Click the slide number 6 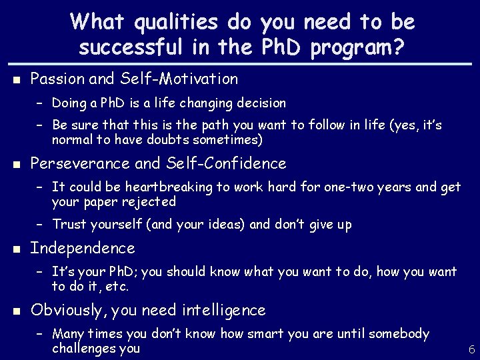[x=471, y=349]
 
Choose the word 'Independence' [x=83, y=249]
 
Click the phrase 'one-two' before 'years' [x=347, y=187]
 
